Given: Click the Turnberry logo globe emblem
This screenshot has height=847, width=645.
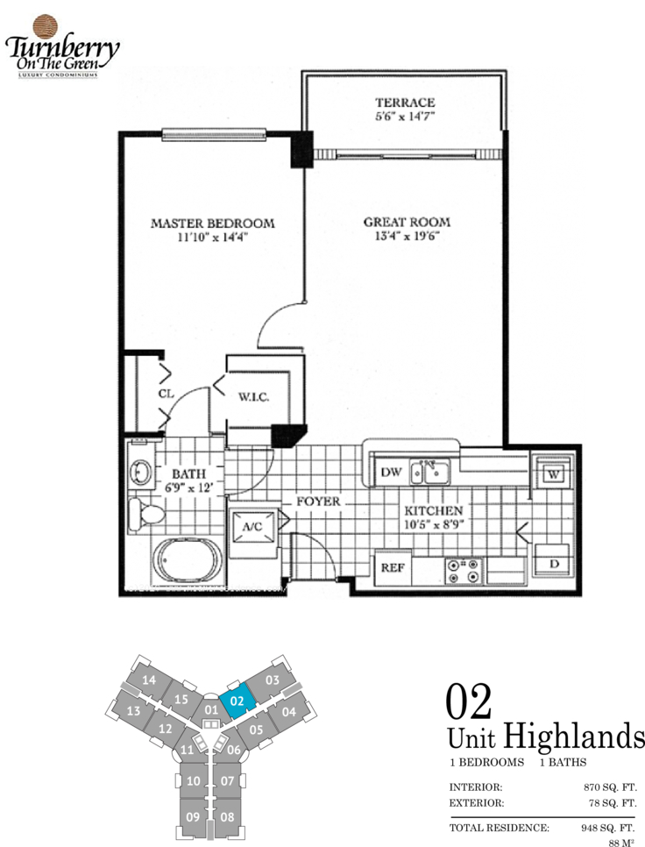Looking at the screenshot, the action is [x=46, y=27].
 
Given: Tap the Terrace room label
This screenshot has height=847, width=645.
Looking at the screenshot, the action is [x=405, y=103].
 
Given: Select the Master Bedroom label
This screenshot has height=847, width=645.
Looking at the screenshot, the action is [x=213, y=223].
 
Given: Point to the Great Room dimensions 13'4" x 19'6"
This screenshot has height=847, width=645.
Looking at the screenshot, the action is [x=407, y=236].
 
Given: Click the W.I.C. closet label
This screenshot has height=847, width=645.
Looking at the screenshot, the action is [x=253, y=397].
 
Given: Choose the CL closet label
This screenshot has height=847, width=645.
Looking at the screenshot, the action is [x=167, y=394].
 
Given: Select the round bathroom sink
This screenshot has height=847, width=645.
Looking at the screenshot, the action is [x=142, y=472].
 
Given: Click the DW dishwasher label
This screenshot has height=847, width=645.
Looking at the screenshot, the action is [x=392, y=472].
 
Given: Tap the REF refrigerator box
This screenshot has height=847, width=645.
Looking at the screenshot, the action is [x=393, y=567].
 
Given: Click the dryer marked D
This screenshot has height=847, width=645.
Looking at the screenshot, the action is [x=552, y=562].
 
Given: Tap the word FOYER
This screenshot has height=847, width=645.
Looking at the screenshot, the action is [x=318, y=502].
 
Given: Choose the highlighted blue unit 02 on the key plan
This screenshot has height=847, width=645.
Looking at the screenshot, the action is [x=237, y=700].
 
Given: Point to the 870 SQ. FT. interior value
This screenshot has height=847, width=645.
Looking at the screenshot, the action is [x=610, y=787].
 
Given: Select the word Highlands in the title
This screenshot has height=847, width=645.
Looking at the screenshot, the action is [x=574, y=737].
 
